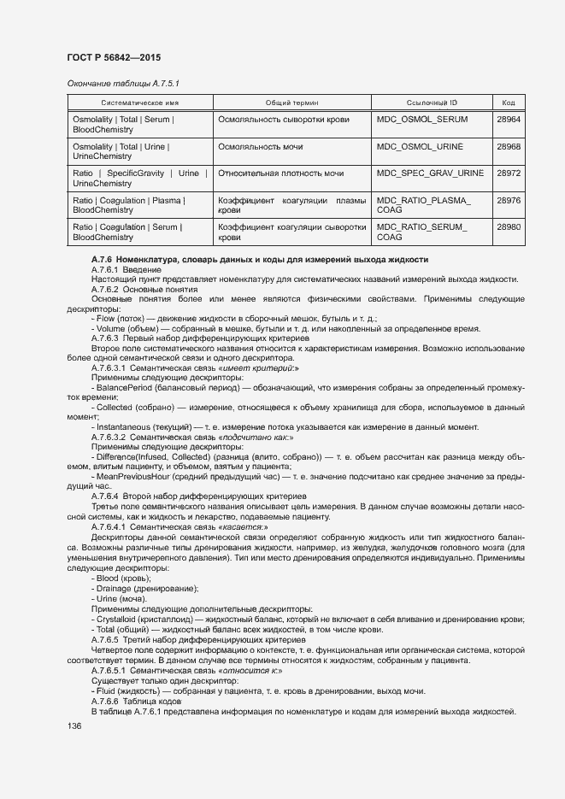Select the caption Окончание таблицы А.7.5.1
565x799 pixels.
pos(123,83)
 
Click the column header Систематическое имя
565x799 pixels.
pos(139,102)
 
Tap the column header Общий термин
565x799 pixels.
pos(292,102)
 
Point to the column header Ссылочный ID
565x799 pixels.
pos(432,102)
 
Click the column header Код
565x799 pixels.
pos(508,102)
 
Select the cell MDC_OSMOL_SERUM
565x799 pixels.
pos(422,120)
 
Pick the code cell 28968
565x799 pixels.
pos(508,147)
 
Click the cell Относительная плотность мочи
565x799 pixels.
pos(281,173)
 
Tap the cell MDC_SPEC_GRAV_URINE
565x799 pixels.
pos(431,173)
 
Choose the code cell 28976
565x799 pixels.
pos(508,200)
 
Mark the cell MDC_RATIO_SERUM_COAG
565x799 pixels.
pos(422,232)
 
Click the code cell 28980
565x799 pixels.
pos(508,226)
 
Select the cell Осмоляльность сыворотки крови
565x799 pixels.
pos(284,120)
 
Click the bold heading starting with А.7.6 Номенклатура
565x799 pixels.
pos(260,260)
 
